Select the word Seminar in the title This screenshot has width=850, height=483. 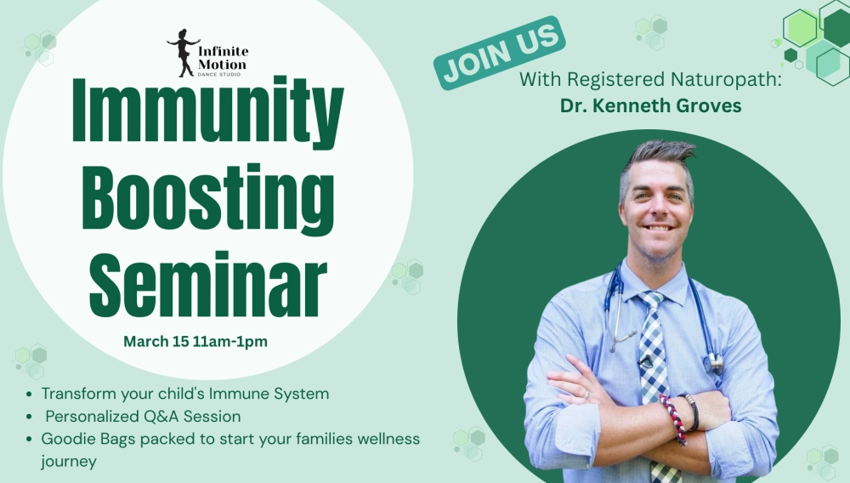pyautogui.click(x=208, y=284)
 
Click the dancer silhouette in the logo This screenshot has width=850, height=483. pyautogui.click(x=184, y=53)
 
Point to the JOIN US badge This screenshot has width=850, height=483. pyautogui.click(x=499, y=53)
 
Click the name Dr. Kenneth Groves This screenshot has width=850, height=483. pyautogui.click(x=650, y=105)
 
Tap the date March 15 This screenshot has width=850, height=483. pyautogui.click(x=156, y=342)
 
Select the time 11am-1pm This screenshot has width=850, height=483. pyautogui.click(x=230, y=342)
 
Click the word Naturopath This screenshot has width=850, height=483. pyautogui.click(x=727, y=79)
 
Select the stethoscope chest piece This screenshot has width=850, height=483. pyautogui.click(x=716, y=362)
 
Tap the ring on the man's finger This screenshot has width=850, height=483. pyautogui.click(x=586, y=395)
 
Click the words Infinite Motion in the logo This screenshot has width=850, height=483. pyautogui.click(x=223, y=58)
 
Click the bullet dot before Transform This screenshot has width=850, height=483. pyautogui.click(x=29, y=394)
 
